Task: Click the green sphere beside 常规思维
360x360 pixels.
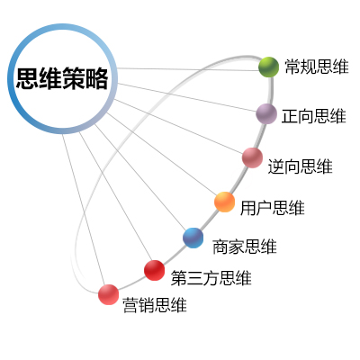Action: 268,67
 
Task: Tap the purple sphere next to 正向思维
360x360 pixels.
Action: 266,113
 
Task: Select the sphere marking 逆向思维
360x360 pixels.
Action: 252,157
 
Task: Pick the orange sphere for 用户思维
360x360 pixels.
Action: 224,202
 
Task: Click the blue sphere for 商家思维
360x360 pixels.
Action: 193,238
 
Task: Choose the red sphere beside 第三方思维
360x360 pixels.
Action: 154,270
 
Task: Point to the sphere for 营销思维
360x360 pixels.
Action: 108,294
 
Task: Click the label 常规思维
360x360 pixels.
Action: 317,67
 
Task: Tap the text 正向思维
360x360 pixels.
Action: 314,116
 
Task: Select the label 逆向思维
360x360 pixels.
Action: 301,166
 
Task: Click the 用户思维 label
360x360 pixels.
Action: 273,208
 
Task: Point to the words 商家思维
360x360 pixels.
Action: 245,247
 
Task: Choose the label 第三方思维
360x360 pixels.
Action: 211,278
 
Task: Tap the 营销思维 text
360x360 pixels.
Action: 155,305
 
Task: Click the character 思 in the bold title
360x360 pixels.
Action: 27,78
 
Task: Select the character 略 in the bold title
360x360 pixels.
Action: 96,78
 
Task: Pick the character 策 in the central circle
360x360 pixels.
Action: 74,78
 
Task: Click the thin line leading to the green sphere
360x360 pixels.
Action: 188,69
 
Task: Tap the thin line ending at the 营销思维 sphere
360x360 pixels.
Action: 84,210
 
